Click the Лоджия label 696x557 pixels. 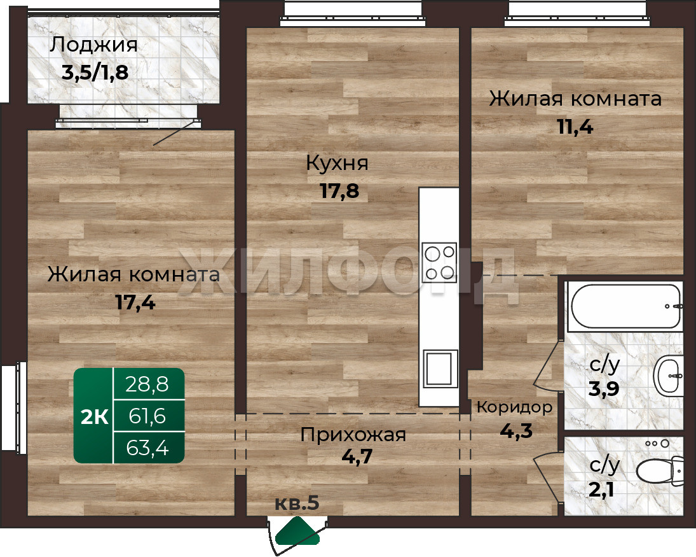(x=93, y=45)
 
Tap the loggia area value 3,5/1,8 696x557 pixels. (x=95, y=73)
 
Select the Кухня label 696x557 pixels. (x=338, y=164)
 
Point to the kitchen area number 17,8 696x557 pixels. (x=339, y=191)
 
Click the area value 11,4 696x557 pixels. (x=575, y=127)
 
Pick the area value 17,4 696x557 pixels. (x=135, y=303)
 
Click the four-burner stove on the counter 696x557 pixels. (x=439, y=262)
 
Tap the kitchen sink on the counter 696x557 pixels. (x=440, y=369)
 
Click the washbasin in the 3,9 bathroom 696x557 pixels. (x=669, y=376)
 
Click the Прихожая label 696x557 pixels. (x=353, y=434)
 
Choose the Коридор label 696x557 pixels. (x=515, y=407)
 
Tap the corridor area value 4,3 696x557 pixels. (x=516, y=430)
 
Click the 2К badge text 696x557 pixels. (x=94, y=417)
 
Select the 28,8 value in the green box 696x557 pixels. (x=147, y=384)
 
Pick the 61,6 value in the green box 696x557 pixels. (x=147, y=416)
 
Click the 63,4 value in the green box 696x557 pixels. (x=147, y=448)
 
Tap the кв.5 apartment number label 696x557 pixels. (x=297, y=503)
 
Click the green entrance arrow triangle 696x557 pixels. (x=297, y=531)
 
